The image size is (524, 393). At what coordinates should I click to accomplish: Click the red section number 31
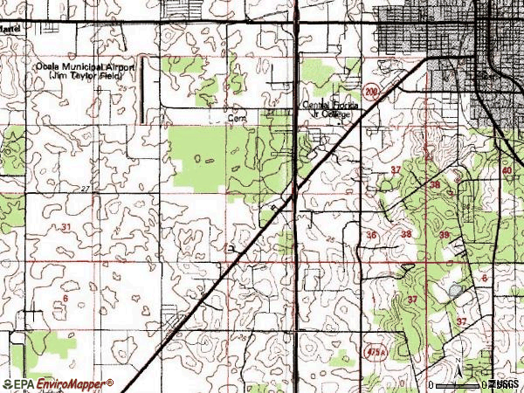point(66,227)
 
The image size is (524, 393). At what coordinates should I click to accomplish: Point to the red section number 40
point(507,170)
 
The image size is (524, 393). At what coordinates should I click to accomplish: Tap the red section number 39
point(444,236)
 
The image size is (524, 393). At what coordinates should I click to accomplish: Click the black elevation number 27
point(85,189)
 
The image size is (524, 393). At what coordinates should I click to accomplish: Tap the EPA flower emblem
point(8,383)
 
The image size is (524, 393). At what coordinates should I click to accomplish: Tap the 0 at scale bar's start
point(432,384)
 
